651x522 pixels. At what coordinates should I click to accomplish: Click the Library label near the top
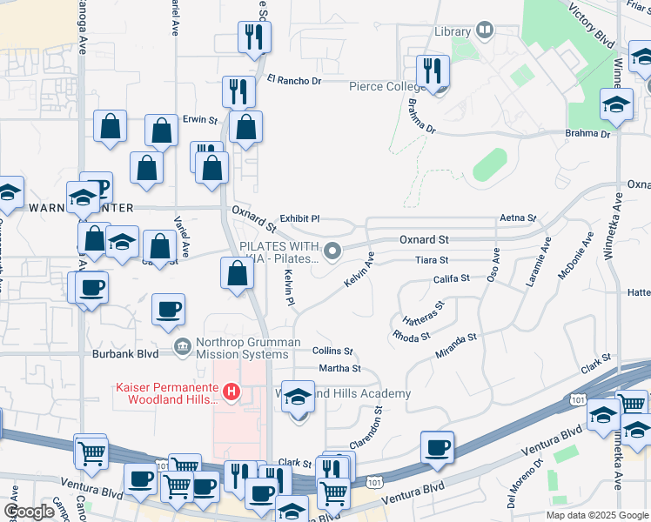click(x=452, y=31)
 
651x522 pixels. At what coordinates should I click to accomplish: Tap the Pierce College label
click(x=385, y=87)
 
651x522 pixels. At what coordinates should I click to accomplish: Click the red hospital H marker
click(x=231, y=392)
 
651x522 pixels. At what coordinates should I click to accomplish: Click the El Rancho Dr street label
click(x=294, y=80)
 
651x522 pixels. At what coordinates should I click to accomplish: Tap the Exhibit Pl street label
click(x=299, y=219)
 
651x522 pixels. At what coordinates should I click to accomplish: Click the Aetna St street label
click(x=518, y=217)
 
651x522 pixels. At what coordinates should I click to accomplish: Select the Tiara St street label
click(x=431, y=260)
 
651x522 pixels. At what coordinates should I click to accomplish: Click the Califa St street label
click(x=452, y=278)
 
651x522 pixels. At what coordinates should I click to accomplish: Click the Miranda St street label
click(x=456, y=345)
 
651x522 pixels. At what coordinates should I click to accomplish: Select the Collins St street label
click(x=332, y=351)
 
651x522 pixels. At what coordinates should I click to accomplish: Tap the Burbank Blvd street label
click(x=125, y=354)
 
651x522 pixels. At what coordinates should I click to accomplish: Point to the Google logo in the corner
click(x=30, y=512)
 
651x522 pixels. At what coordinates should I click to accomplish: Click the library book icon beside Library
click(x=485, y=31)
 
